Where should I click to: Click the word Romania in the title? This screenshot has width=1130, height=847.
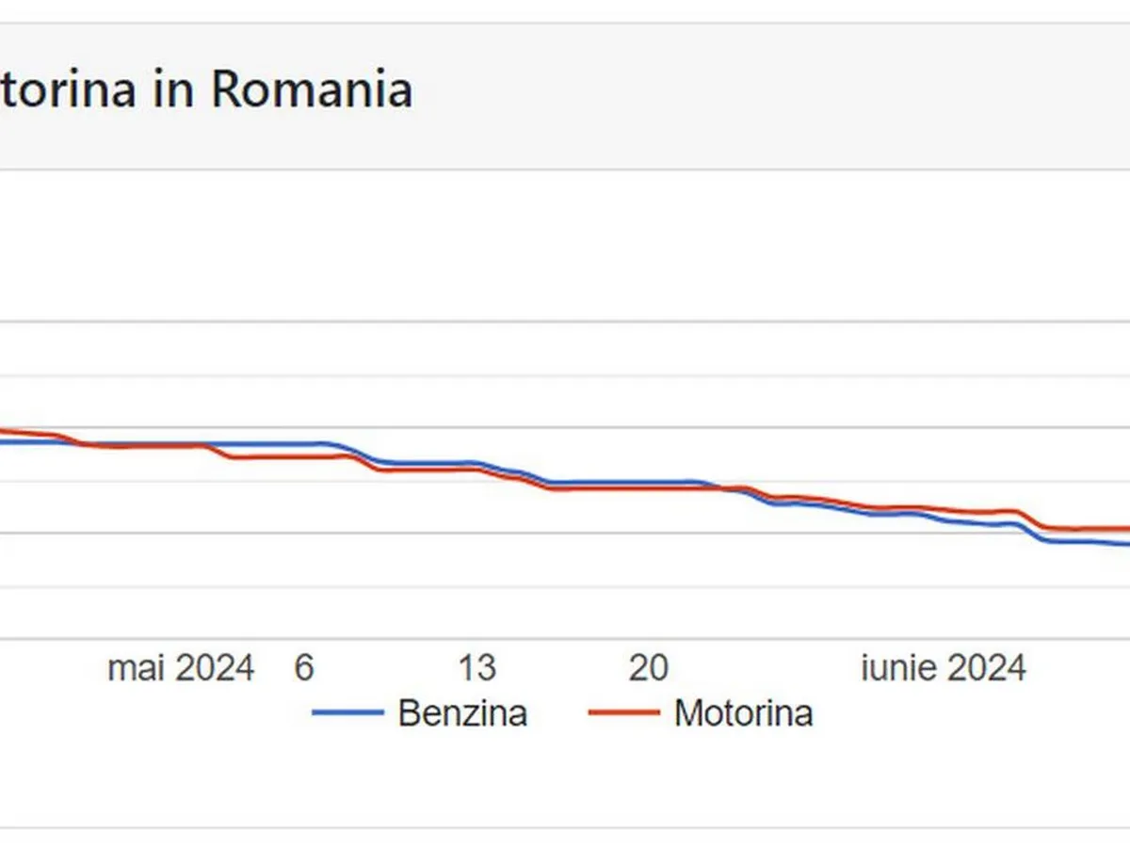311,90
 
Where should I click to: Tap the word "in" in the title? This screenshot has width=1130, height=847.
172,90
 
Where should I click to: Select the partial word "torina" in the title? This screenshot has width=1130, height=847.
66,90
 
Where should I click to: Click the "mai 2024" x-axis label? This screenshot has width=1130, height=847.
181,668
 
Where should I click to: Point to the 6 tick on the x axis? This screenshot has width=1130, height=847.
303,668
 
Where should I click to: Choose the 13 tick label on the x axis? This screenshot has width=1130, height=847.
476,668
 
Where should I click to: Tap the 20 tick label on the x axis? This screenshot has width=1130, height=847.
649,668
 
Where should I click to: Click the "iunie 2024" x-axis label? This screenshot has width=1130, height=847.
944,668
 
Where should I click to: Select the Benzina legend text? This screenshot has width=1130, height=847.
462,712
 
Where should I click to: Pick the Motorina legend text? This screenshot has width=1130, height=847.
743,712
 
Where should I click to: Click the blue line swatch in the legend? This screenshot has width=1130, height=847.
347,712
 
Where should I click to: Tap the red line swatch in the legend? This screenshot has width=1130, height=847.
623,712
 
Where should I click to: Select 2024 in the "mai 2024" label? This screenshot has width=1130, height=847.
216,668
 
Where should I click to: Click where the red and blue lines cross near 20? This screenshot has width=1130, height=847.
725,487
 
